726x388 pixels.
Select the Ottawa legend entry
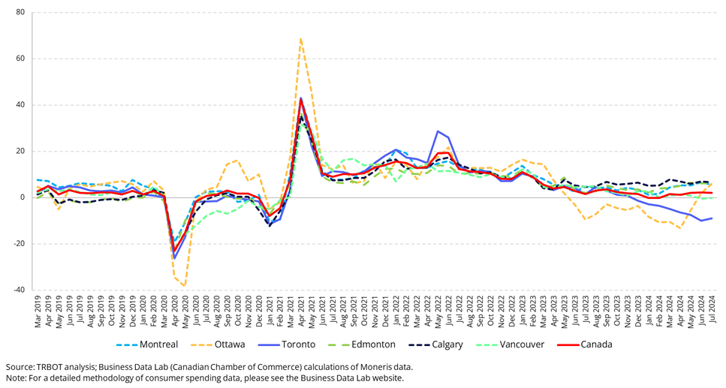point(230,344)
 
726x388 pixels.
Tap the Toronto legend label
point(299,344)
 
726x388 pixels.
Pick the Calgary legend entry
point(447,344)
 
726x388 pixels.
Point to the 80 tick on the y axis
point(20,13)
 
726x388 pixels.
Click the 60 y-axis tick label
point(20,59)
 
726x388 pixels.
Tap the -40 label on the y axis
point(18,290)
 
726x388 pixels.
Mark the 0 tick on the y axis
point(22,197)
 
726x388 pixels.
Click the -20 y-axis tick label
point(18,244)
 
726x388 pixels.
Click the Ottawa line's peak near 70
point(301,38)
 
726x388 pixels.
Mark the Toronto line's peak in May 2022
point(438,131)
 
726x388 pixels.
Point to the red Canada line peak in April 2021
point(301,101)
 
